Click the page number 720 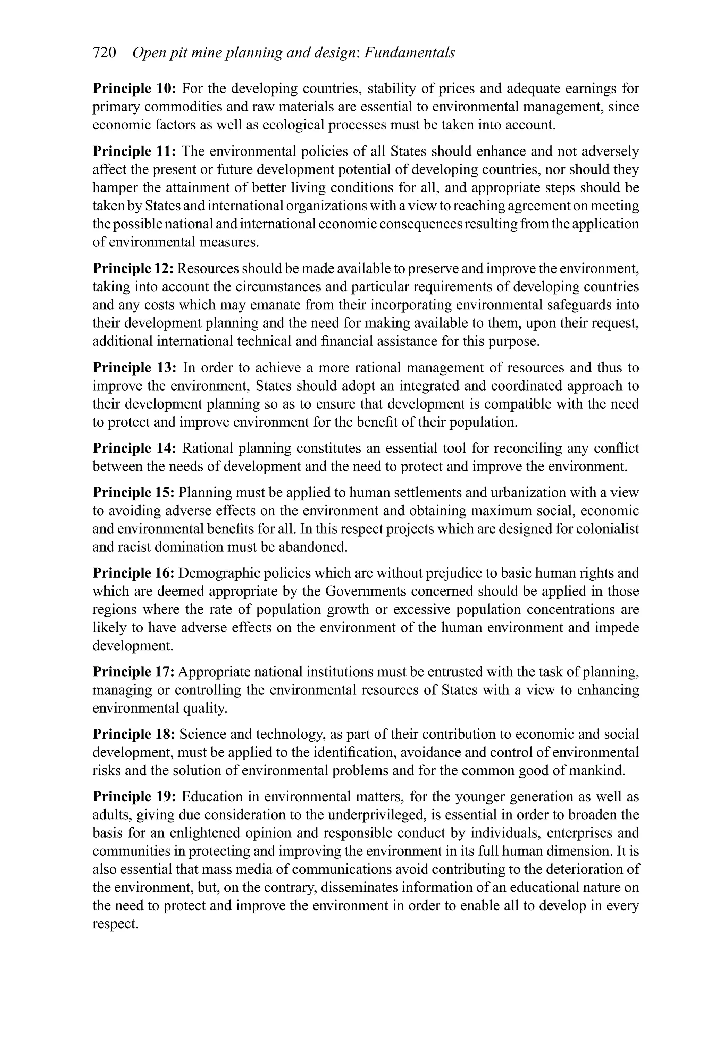coord(104,53)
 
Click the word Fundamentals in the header coord(410,53)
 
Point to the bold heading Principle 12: coord(133,269)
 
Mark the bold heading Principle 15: coord(133,492)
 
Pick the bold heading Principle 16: coord(133,573)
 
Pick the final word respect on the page coord(115,924)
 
